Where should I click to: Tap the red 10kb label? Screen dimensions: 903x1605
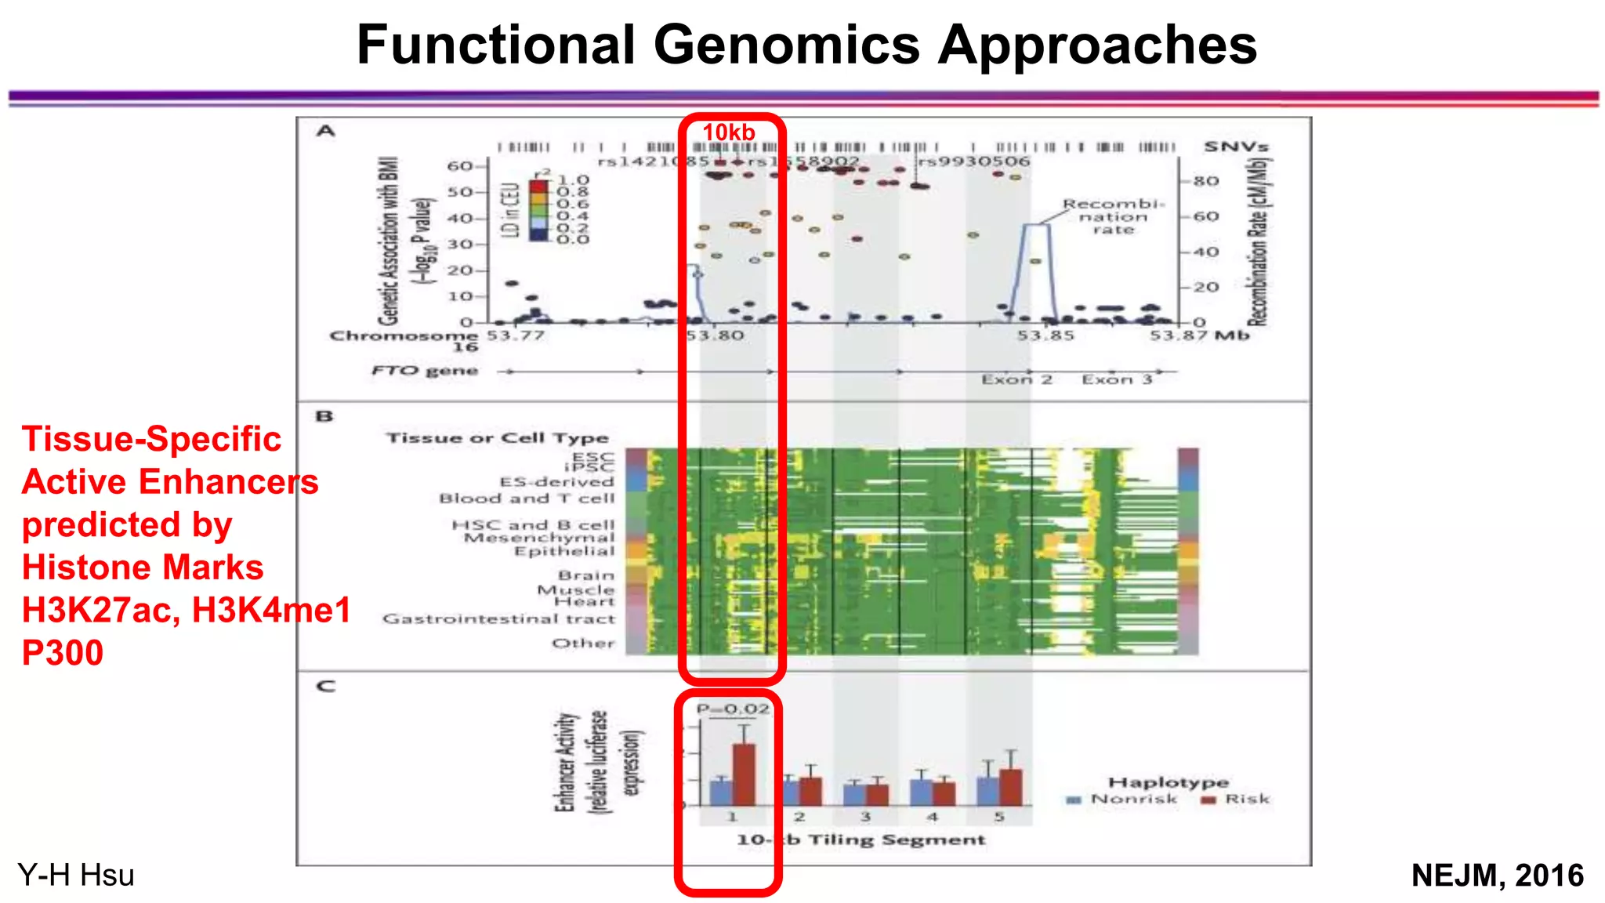tap(728, 132)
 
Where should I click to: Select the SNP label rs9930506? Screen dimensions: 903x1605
tap(973, 161)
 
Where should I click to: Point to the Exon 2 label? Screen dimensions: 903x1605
tap(1016, 380)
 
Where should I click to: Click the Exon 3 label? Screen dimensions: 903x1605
tap(1117, 380)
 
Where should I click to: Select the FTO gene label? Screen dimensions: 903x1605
tap(425, 371)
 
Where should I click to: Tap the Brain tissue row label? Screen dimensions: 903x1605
tap(586, 575)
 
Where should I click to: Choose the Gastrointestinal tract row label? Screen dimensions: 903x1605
tap(498, 619)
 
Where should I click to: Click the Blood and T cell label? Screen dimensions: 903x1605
tap(527, 499)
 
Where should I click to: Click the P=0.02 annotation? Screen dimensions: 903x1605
tap(733, 709)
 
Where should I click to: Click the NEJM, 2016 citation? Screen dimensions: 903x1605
tap(1497, 875)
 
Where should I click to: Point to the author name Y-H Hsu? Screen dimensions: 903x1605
tap(76, 875)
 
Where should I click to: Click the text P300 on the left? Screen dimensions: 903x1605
tap(63, 653)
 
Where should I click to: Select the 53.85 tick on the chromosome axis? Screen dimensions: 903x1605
tap(1045, 336)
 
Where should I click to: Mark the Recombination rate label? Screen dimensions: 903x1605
tap(1113, 216)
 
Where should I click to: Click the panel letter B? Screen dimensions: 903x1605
tap(324, 416)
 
